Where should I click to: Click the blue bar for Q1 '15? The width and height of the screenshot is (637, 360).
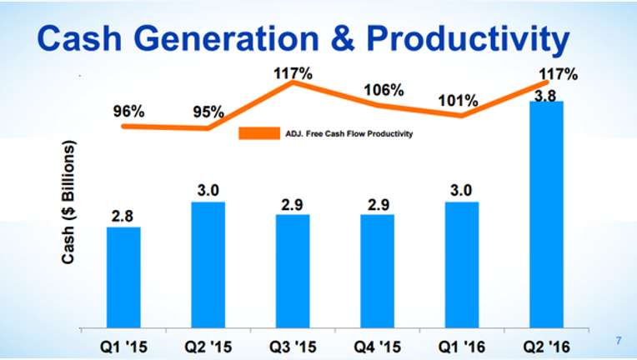pos(123,277)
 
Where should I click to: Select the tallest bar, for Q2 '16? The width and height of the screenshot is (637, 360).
pos(546,214)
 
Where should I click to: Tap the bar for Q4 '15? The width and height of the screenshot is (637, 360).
pos(378,271)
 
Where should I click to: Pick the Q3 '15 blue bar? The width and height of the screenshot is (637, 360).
pos(293,271)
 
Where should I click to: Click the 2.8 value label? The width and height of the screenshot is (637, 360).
pos(123,217)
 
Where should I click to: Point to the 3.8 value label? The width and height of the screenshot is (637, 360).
pos(545,96)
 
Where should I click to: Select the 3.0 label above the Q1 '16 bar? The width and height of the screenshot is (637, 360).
pos(461,190)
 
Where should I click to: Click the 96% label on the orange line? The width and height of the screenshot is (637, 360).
pos(128,111)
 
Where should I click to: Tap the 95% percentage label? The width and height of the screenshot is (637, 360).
pos(208,112)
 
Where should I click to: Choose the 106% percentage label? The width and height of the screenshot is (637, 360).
pos(384,90)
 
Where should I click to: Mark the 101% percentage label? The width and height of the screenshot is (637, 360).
pos(458,101)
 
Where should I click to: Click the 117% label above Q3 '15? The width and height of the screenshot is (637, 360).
pos(293,74)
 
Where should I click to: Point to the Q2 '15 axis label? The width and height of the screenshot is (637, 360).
pos(208,347)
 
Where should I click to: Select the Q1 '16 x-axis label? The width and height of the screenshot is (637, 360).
pos(462,347)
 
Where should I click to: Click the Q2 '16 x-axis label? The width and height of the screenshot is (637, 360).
pos(546,347)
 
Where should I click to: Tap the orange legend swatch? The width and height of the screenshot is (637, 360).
pos(259,133)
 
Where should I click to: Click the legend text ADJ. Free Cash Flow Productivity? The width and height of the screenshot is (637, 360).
pos(349,133)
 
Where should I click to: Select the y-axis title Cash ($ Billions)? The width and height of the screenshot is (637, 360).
pos(68,202)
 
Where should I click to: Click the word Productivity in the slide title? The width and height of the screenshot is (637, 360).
pos(468,39)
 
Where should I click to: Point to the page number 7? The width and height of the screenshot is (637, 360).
pos(619,341)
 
